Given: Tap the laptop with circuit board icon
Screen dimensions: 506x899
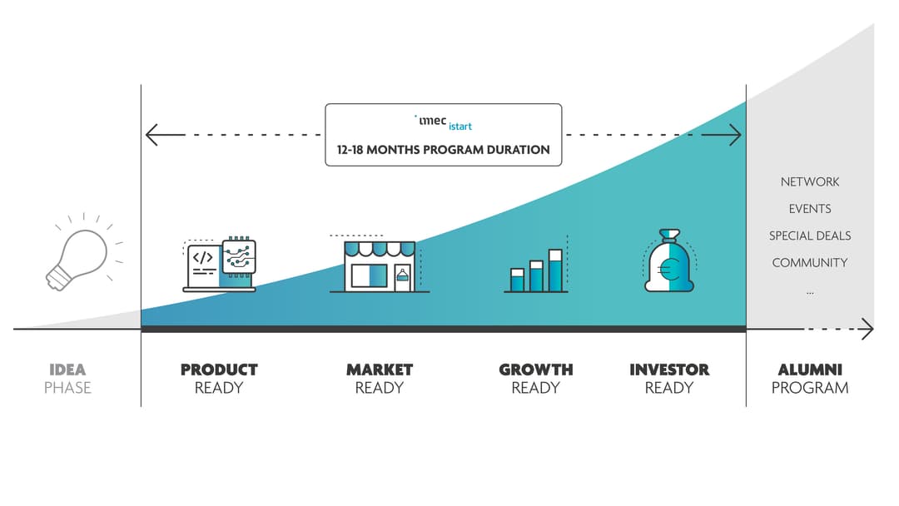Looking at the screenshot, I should coord(220,265).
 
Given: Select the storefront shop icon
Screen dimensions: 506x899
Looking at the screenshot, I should coord(379,264).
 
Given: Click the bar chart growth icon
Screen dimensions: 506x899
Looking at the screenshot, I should coord(536,270).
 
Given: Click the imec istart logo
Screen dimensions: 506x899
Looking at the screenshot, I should coord(444,122).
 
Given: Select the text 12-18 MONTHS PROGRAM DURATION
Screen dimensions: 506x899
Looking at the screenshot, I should coord(443,150).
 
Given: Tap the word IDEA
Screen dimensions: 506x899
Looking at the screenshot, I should coord(67,370).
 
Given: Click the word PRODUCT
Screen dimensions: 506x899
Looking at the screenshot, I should coord(219,370).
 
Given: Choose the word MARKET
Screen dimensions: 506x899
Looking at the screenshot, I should coord(380,370).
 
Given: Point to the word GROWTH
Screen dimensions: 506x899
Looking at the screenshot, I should coord(536,370).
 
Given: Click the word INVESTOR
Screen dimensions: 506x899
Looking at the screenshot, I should coord(669,370).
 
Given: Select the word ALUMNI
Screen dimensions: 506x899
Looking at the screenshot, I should coord(810,370).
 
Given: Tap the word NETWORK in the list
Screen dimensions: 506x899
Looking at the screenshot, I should coord(810,181).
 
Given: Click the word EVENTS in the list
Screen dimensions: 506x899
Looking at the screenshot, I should coord(810,209).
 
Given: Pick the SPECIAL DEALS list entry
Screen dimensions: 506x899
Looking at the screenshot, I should coord(810,236).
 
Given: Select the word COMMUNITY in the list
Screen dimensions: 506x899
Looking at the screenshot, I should coord(810,263).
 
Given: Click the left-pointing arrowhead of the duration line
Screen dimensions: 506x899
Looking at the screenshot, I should coord(151,135).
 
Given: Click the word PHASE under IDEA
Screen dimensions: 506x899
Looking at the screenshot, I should coord(67,388).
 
